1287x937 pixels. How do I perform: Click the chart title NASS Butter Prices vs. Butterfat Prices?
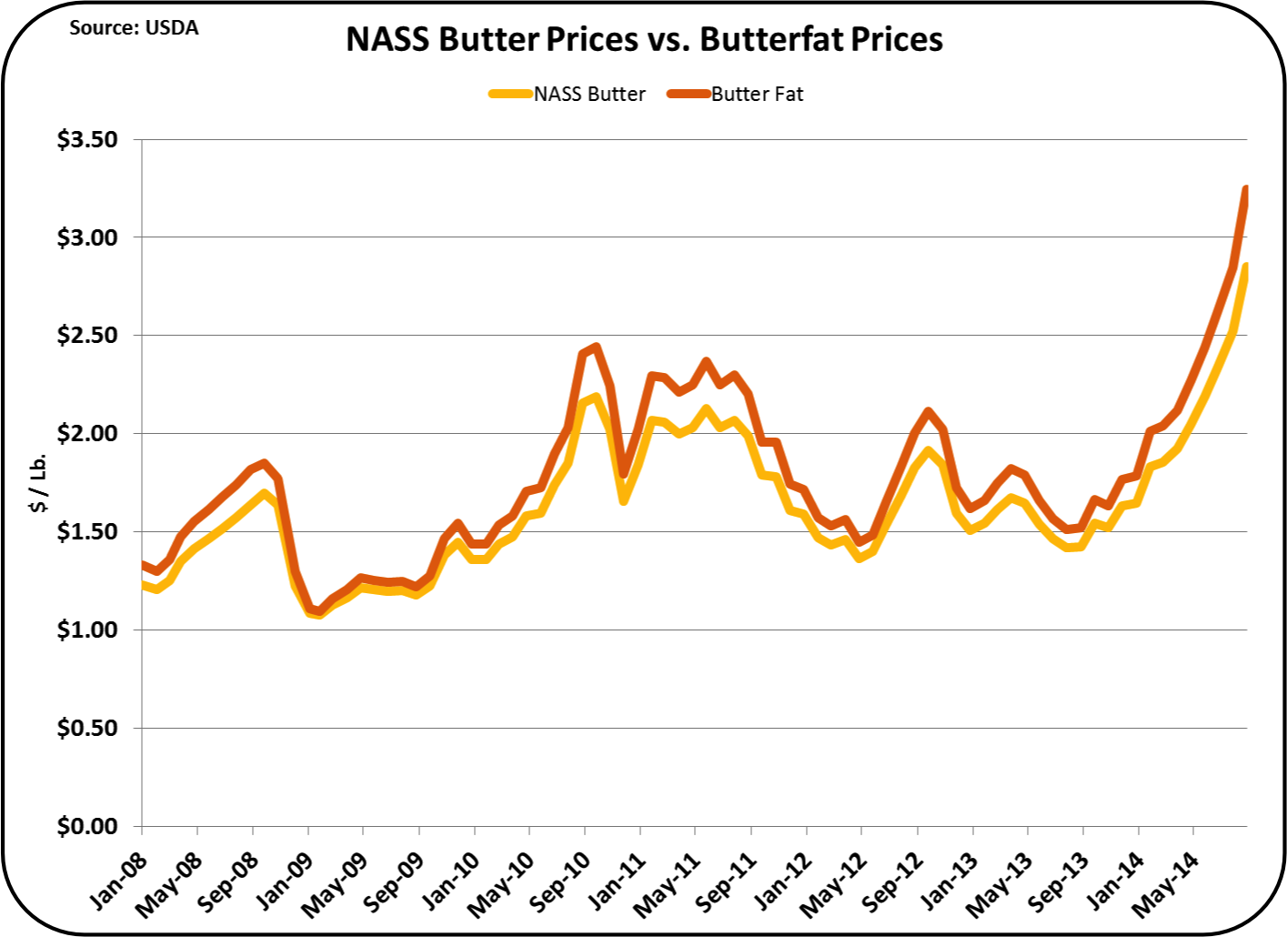click(x=644, y=40)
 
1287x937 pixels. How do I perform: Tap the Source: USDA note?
click(x=134, y=27)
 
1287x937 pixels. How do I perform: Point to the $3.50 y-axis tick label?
click(x=87, y=139)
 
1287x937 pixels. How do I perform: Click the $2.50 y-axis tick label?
click(x=87, y=335)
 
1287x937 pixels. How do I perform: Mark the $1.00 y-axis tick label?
click(x=87, y=630)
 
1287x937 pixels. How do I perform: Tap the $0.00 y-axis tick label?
click(x=87, y=826)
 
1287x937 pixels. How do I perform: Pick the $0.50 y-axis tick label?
click(x=87, y=728)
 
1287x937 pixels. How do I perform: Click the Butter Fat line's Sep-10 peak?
click(x=596, y=347)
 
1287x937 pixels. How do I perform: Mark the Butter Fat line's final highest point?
click(x=1245, y=188)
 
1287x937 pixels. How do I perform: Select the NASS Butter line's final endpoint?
click(x=1245, y=266)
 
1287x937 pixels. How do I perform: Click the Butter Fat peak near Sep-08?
click(x=264, y=463)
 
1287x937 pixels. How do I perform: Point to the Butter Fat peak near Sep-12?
click(x=927, y=411)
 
